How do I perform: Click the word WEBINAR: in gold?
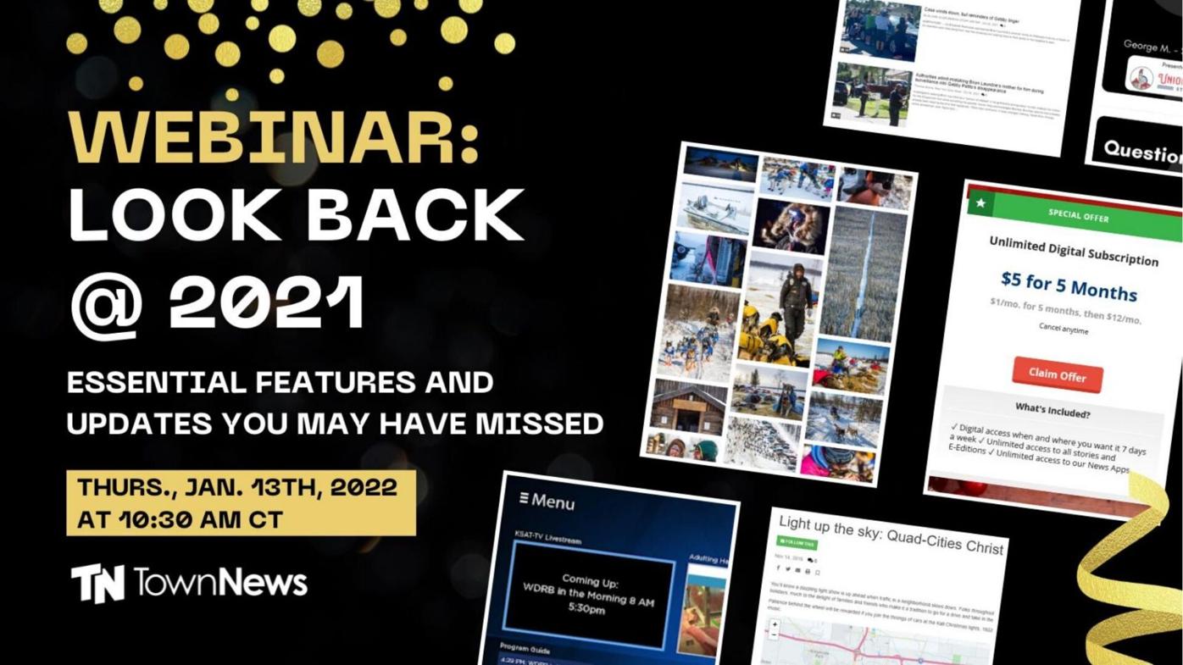click(273, 136)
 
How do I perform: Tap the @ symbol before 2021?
click(105, 306)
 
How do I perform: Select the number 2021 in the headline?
click(267, 302)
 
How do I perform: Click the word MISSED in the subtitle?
click(540, 423)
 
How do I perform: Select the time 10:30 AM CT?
click(180, 518)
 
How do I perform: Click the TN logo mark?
click(97, 583)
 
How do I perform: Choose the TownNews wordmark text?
click(220, 582)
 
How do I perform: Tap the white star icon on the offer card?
click(980, 203)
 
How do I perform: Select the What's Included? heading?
click(1052, 411)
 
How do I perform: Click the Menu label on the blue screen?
click(547, 501)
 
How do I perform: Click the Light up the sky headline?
click(890, 535)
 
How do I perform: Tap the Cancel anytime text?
click(1064, 329)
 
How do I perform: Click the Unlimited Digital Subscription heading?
click(1073, 251)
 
